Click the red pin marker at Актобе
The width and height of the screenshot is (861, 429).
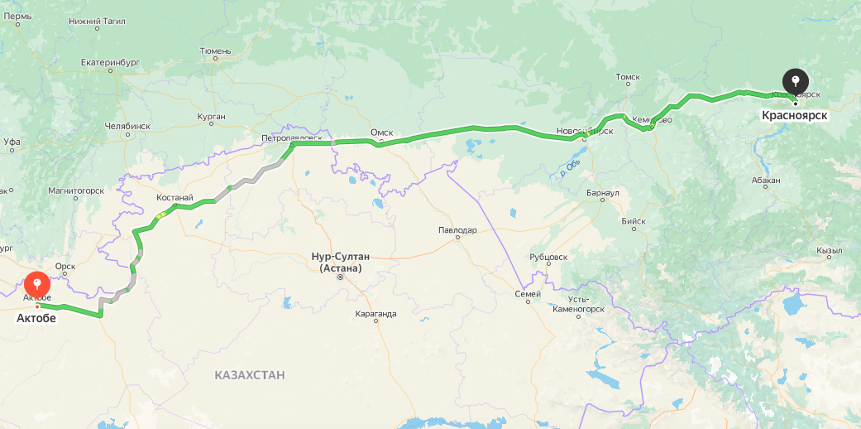pyautogui.click(x=37, y=286)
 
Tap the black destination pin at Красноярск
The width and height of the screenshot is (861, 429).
pyautogui.click(x=795, y=81)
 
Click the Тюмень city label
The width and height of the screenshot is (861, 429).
pyautogui.click(x=215, y=51)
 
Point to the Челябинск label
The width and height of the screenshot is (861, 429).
pyautogui.click(x=127, y=126)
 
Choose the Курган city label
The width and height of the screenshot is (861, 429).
pyautogui.click(x=211, y=117)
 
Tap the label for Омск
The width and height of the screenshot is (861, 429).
pyautogui.click(x=381, y=133)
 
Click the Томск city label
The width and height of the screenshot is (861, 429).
pyautogui.click(x=628, y=77)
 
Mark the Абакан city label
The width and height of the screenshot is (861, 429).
pyautogui.click(x=766, y=180)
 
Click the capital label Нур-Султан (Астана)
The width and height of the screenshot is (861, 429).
pyautogui.click(x=340, y=262)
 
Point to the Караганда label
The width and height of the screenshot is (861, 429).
pyautogui.click(x=375, y=314)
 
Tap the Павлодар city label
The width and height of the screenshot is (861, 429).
pyautogui.click(x=457, y=229)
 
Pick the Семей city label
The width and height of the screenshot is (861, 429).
pyautogui.click(x=528, y=293)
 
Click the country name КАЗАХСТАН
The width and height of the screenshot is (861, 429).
pyautogui.click(x=249, y=375)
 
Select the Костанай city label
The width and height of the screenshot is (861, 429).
pyautogui.click(x=175, y=198)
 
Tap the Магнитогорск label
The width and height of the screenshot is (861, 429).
pyautogui.click(x=75, y=190)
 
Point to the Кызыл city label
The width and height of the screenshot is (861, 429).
pyautogui.click(x=828, y=250)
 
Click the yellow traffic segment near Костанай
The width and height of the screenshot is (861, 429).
pyautogui.click(x=160, y=215)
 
